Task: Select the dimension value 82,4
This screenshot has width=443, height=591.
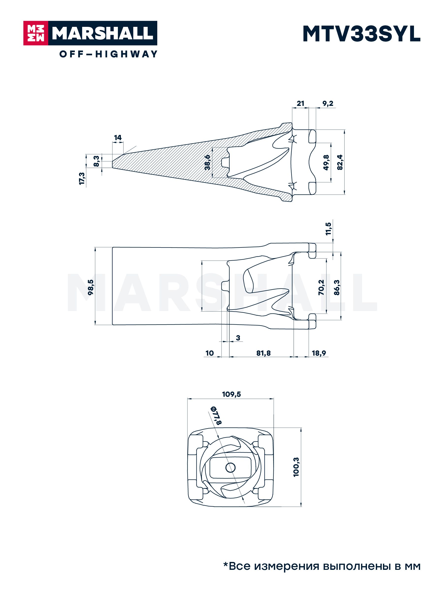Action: (x=340, y=162)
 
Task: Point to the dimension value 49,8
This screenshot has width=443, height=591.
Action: (x=326, y=163)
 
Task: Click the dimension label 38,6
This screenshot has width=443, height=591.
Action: (x=207, y=163)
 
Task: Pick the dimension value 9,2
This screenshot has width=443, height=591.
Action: (x=327, y=103)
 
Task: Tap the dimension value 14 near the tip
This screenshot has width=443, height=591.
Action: (x=118, y=138)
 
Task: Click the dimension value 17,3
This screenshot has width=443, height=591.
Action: (x=82, y=179)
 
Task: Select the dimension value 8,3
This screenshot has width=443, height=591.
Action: (x=96, y=161)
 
